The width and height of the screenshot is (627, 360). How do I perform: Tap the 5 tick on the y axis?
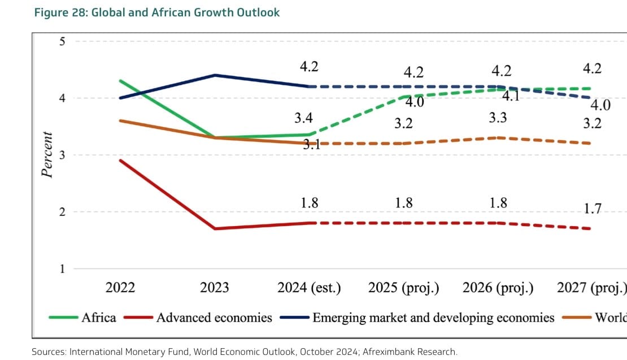pyautogui.click(x=62, y=41)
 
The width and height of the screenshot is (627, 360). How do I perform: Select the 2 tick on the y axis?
pyautogui.click(x=62, y=212)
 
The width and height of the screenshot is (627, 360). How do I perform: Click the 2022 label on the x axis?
pyautogui.click(x=120, y=288)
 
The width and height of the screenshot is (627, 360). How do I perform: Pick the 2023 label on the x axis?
pyautogui.click(x=215, y=288)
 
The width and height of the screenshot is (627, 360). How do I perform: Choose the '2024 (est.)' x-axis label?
pyautogui.click(x=309, y=288)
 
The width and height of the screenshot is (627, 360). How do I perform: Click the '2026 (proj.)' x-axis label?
pyautogui.click(x=498, y=288)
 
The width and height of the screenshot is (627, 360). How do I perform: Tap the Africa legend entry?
pyautogui.click(x=98, y=317)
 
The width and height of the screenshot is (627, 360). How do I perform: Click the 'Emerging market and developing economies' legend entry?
pyautogui.click(x=433, y=317)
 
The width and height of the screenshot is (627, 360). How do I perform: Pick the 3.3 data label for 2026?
pyautogui.click(x=498, y=118)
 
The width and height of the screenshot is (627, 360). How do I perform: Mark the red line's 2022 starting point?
pyautogui.click(x=120, y=161)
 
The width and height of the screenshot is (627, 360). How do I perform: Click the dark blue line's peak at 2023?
pyautogui.click(x=215, y=75)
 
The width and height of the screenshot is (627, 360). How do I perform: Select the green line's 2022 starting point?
pyautogui.click(x=120, y=81)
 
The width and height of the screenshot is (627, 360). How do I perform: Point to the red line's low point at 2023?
pyautogui.click(x=215, y=228)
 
